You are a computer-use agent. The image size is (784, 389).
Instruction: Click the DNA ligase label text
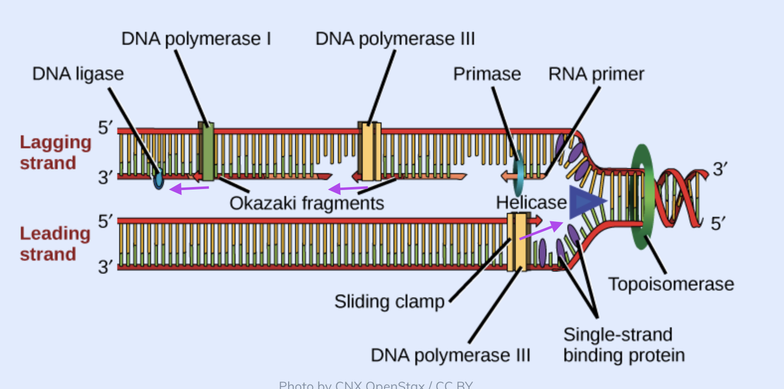(x=78, y=74)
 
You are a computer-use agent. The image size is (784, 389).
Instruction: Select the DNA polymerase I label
(x=196, y=39)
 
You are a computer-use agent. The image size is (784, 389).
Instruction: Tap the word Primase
(x=487, y=74)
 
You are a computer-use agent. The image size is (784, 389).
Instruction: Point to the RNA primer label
(x=596, y=74)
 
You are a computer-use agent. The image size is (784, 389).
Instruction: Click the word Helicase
(x=531, y=202)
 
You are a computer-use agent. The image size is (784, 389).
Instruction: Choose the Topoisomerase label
(x=671, y=284)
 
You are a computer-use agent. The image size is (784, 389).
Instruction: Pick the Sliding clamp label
(x=389, y=301)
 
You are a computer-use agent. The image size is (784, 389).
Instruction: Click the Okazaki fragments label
(x=307, y=203)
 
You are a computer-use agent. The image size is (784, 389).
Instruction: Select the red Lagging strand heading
(x=55, y=153)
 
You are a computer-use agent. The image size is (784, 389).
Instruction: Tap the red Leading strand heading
(x=55, y=244)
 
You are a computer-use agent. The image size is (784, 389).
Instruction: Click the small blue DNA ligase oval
(x=158, y=179)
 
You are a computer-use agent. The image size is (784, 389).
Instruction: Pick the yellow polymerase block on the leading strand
(x=517, y=242)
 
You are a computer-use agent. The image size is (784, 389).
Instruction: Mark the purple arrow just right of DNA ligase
(x=189, y=189)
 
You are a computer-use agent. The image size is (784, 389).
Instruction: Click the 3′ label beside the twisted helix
(x=720, y=170)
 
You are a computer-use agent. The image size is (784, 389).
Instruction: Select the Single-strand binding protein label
(x=624, y=345)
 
